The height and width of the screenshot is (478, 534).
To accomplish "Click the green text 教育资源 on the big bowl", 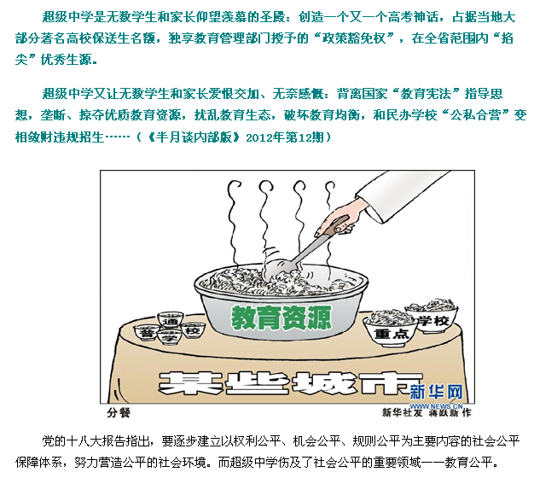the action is click(281, 318).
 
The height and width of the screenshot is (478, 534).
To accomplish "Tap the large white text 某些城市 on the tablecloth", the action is click(290, 383).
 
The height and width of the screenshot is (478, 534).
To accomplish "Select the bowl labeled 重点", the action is click(390, 328).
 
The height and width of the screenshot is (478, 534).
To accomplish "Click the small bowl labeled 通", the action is click(171, 319).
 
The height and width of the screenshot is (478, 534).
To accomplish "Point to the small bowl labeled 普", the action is click(147, 332).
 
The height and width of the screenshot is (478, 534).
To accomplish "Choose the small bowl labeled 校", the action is click(193, 329).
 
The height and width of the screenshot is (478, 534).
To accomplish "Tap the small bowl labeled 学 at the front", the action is click(170, 337).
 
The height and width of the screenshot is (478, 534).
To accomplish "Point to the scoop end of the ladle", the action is click(278, 268).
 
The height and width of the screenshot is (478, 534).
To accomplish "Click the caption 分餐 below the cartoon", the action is click(119, 413).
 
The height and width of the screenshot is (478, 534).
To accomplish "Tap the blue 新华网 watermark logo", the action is click(436, 392).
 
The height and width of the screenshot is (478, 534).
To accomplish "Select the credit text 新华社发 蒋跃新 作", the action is click(427, 412).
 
